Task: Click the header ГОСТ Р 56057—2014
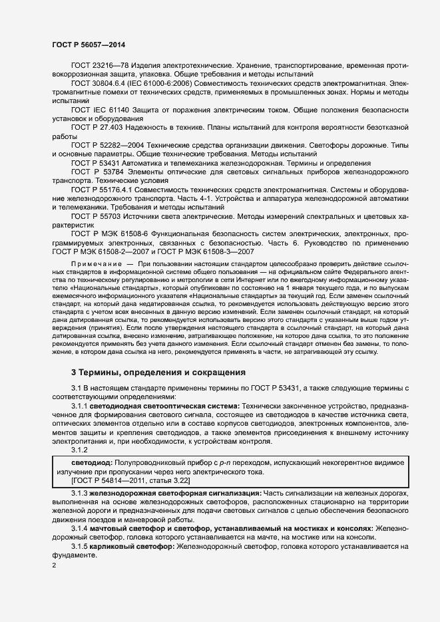tap(89, 44)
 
